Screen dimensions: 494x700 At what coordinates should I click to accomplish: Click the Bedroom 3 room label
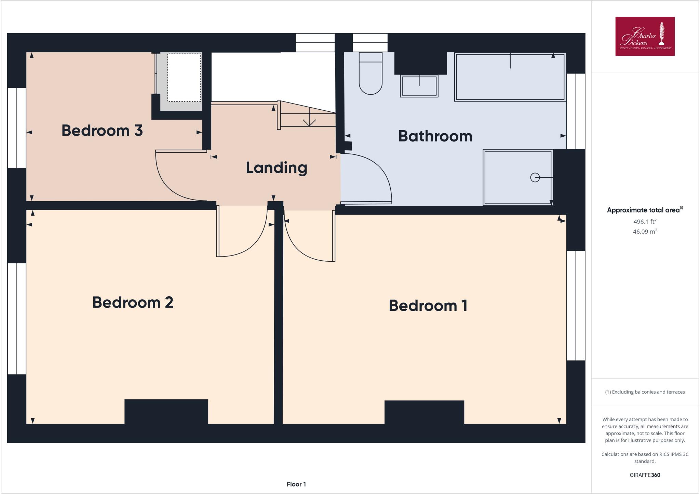pos(102,131)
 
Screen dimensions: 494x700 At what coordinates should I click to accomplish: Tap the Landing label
pos(276,168)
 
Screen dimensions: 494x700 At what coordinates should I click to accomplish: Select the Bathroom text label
pos(435,136)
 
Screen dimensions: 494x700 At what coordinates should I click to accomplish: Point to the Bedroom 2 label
pos(133,302)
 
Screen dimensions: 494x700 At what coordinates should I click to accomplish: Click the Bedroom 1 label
pos(428,305)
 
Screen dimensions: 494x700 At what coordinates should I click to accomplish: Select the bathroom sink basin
pos(419,86)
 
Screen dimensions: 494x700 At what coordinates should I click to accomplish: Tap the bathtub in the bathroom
pos(510,77)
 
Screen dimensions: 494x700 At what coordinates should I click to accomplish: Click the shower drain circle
pos(535,178)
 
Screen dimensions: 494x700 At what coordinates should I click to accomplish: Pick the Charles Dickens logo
pos(645,36)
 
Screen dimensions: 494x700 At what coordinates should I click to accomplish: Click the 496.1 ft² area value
pos(645,221)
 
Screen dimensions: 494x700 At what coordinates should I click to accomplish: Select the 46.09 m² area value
pos(645,232)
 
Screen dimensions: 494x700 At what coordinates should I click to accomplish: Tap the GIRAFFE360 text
pos(645,475)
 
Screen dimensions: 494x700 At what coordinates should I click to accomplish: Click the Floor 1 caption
pos(296,484)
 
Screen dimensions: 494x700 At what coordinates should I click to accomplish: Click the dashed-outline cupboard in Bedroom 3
pos(184,78)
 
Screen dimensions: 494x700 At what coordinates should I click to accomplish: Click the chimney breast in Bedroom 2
pos(166,411)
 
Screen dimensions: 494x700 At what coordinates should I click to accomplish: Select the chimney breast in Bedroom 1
pos(424,412)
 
